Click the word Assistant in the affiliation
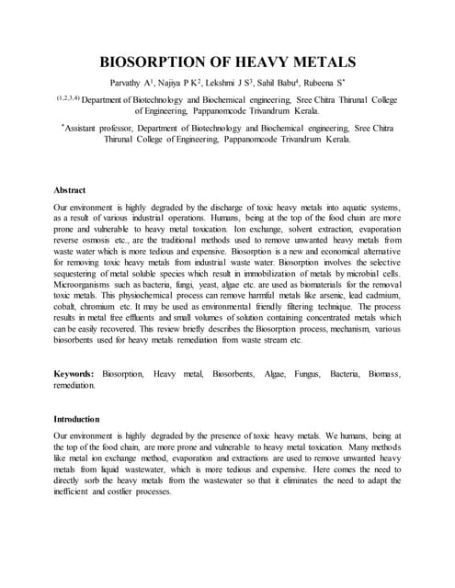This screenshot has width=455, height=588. pos(88,128)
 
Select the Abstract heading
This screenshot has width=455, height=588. pos(70,190)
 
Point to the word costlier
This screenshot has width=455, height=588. pos(147,490)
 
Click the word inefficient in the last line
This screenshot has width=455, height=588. pos(76,490)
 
